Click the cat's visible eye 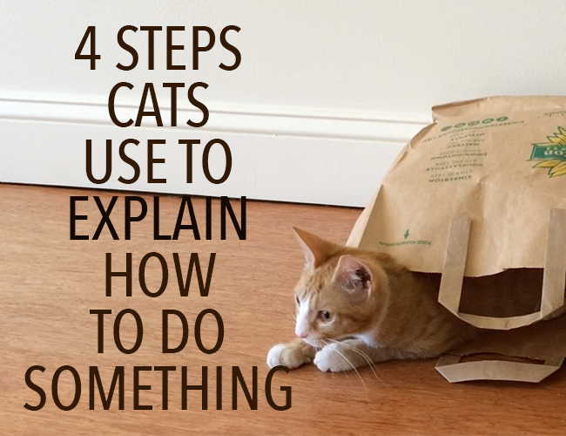(324, 315)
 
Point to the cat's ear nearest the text (306, 247)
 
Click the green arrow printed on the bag (406, 235)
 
